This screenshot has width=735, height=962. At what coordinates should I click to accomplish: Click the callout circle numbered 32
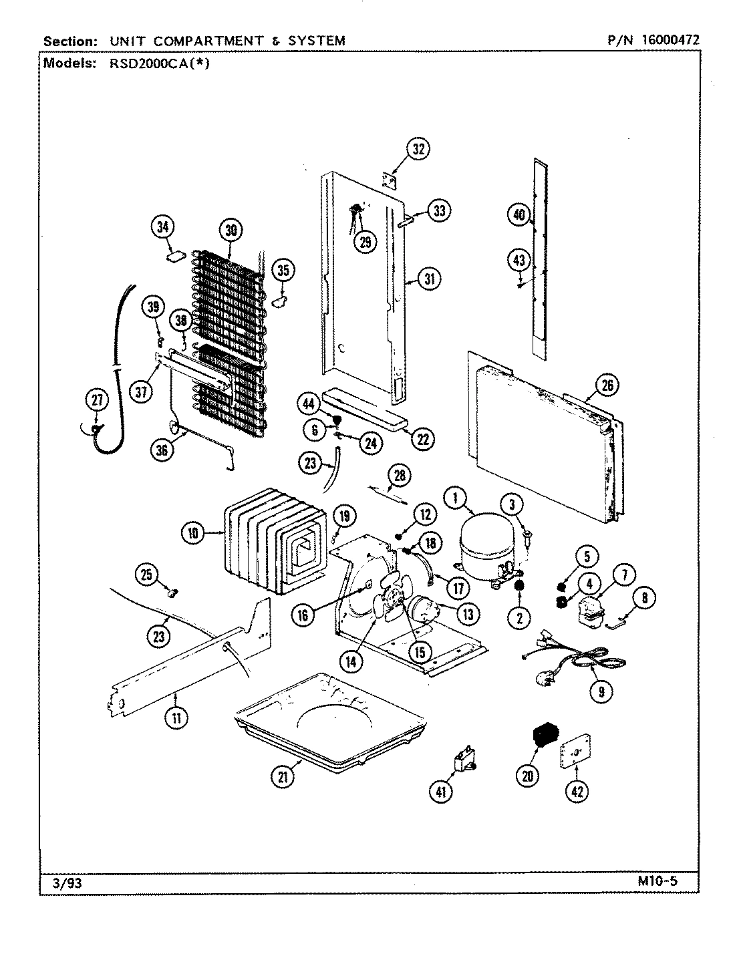pos(418,150)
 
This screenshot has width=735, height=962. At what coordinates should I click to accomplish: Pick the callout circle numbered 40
pos(519,215)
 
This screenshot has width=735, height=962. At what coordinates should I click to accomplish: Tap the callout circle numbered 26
pos(606,385)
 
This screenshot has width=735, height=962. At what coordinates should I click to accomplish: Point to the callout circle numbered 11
pos(176,718)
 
